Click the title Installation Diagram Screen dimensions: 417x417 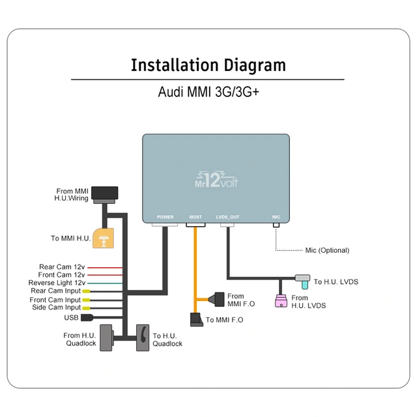click(208, 65)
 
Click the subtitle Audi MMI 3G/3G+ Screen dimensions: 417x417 click(208, 91)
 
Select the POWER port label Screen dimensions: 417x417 click(165, 217)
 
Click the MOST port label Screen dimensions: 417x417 click(195, 217)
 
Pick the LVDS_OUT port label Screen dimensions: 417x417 click(227, 217)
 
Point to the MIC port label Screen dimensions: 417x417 click(276, 217)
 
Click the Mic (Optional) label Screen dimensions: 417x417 click(327, 250)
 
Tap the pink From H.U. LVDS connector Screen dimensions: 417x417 click(281, 300)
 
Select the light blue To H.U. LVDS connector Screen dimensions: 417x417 click(303, 279)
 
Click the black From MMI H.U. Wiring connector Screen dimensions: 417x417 click(105, 194)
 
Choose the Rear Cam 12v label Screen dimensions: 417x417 click(62, 267)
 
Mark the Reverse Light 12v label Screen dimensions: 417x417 click(57, 283)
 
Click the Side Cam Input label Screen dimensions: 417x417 click(56, 307)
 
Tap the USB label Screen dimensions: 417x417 click(71, 318)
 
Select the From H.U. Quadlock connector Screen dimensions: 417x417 click(107, 338)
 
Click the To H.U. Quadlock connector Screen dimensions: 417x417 click(143, 338)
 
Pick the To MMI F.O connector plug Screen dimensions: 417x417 click(197, 319)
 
